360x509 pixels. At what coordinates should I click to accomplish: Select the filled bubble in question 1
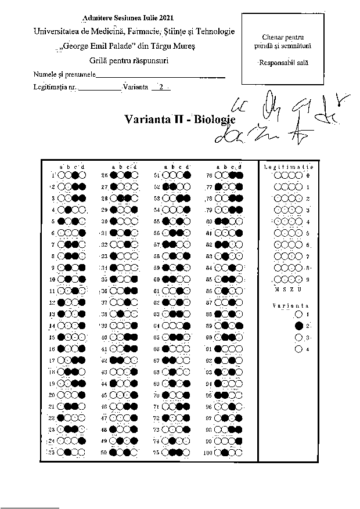tap(75, 175)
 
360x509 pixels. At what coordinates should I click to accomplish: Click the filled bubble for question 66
tap(167, 349)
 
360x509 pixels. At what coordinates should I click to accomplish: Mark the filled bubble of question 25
tap(68, 452)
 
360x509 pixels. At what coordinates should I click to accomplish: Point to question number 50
tap(105, 452)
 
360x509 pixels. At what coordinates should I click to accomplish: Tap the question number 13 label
tap(52, 314)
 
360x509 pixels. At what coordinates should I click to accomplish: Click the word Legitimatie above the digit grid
tap(289, 167)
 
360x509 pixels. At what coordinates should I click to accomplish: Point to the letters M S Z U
tap(288, 288)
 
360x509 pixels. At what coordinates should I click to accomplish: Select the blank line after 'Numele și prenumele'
tap(159, 76)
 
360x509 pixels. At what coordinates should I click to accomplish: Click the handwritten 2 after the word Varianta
tap(160, 88)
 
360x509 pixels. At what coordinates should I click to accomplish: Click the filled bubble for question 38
tap(119, 314)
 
